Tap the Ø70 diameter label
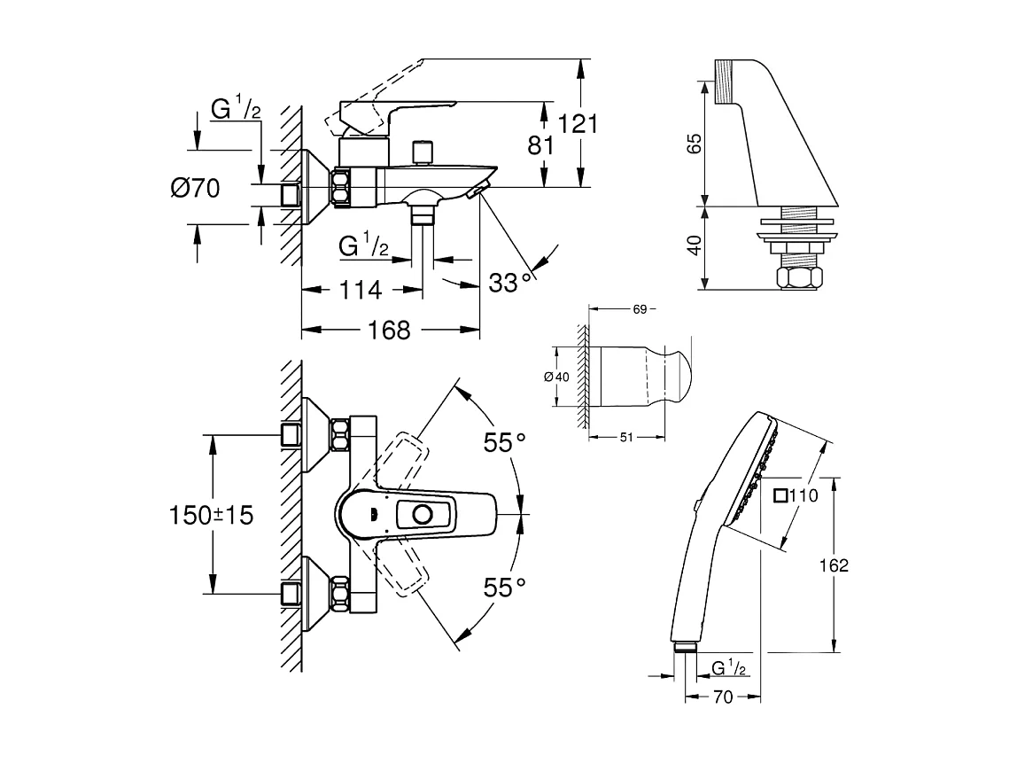click(x=195, y=188)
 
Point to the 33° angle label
click(x=513, y=283)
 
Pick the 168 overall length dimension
click(x=390, y=331)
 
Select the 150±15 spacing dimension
click(x=211, y=514)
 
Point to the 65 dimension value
click(x=695, y=143)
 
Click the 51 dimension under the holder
click(x=625, y=436)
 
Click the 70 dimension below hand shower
click(x=723, y=697)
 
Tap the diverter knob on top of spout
click(x=424, y=151)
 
